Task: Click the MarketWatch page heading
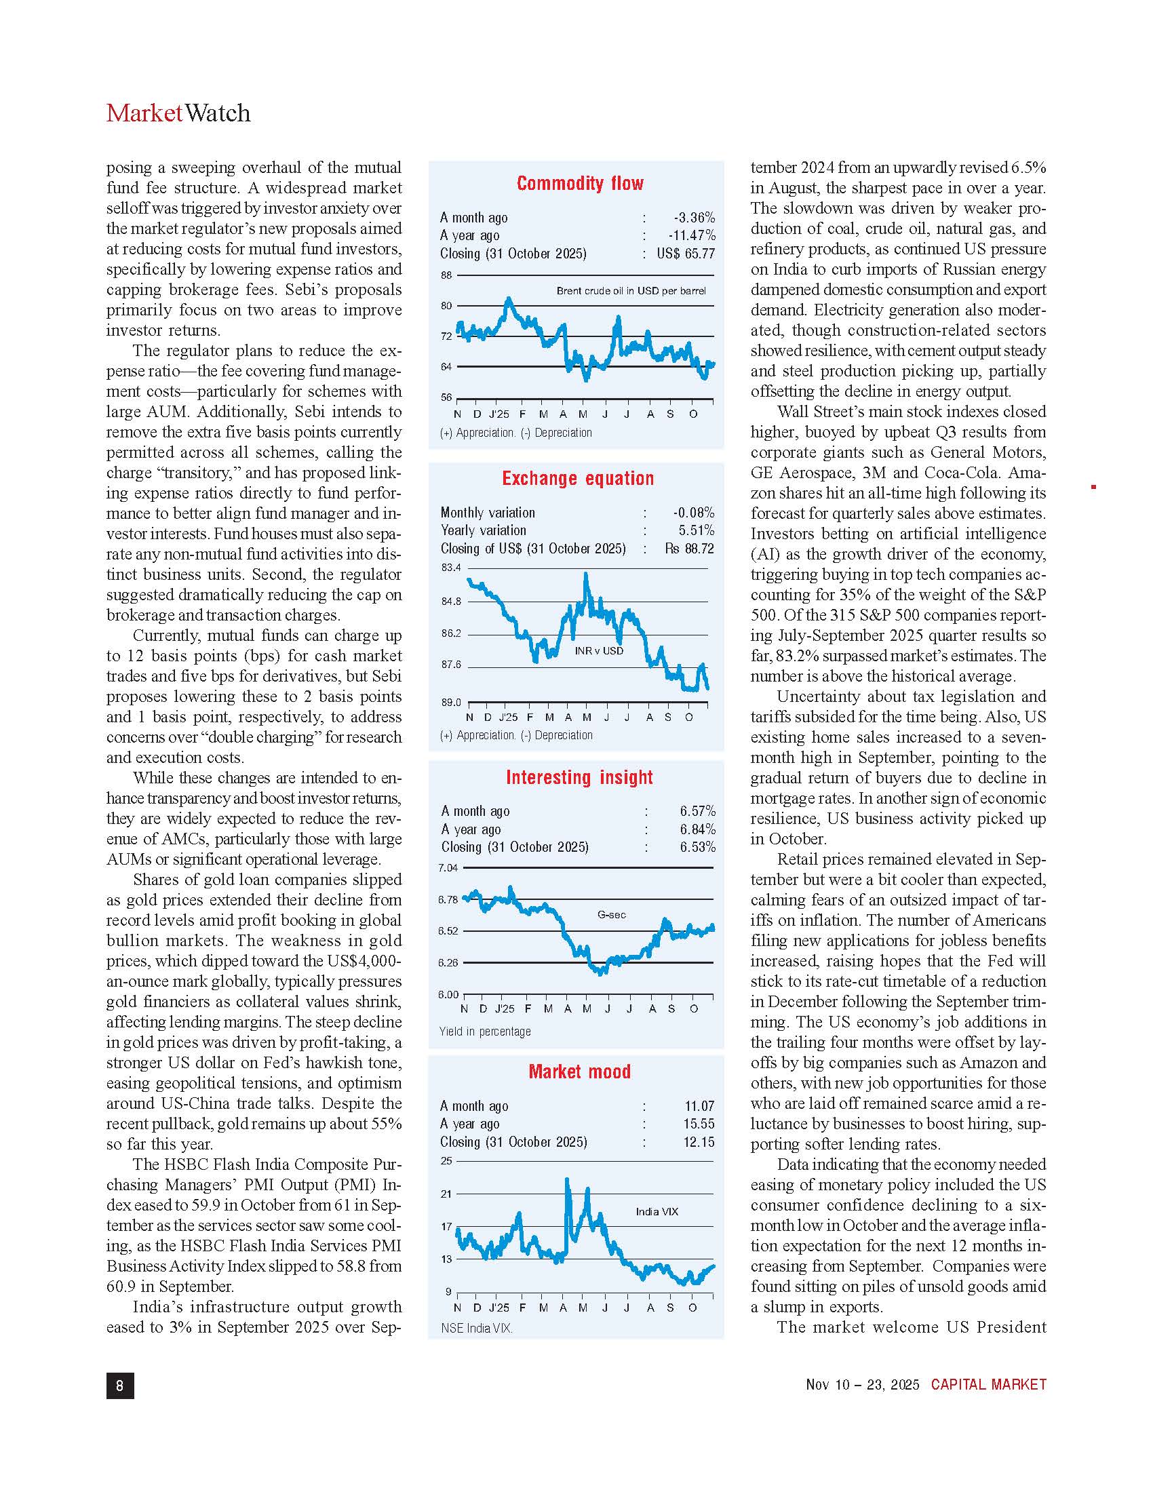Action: pos(178,113)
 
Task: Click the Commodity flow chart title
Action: pos(580,183)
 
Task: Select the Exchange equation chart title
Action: pos(578,478)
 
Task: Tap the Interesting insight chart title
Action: pos(579,777)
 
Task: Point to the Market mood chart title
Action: pos(579,1071)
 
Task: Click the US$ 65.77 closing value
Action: pos(686,254)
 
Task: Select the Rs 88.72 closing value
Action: pos(689,548)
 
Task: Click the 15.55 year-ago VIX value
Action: pos(699,1124)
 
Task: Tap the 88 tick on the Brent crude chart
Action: pos(446,275)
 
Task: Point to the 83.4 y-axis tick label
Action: pos(451,568)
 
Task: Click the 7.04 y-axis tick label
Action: pos(448,868)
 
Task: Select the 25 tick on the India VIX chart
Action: pos(446,1160)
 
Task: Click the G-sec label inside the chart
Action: pos(611,915)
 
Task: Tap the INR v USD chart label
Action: pos(599,650)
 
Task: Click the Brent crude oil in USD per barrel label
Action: pos(631,291)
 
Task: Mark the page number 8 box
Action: pos(120,1385)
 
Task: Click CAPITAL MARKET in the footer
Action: pos(988,1384)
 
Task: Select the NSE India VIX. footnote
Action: pos(477,1328)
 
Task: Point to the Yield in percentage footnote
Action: pos(485,1031)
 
